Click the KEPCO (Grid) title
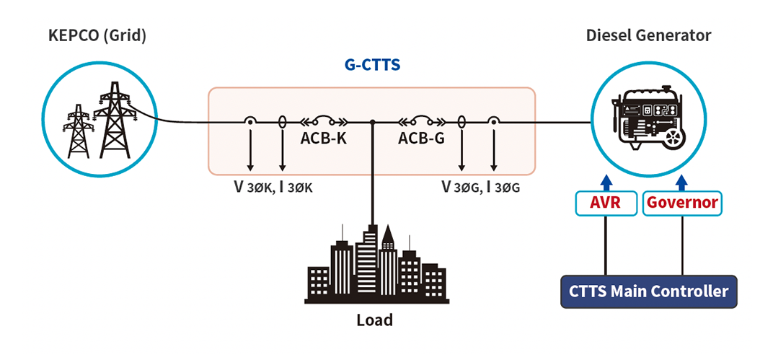tap(97, 36)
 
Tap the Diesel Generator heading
tap(648, 35)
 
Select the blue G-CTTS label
tap(371, 65)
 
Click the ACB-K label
tap(323, 139)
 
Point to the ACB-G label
tap(421, 139)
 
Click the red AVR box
tap(606, 203)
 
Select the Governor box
tap(682, 203)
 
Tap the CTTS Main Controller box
tap(649, 291)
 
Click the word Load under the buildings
tap(375, 320)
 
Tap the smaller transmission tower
tap(77, 131)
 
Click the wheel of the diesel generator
tap(673, 138)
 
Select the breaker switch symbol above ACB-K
tap(323, 121)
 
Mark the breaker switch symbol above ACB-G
tap(421, 121)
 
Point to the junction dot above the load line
tap(373, 122)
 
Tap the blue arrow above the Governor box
tap(682, 183)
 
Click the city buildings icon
tap(376, 264)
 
